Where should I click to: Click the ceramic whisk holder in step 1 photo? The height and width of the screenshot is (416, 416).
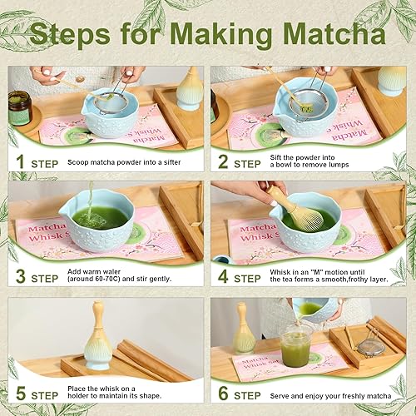(189, 90)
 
